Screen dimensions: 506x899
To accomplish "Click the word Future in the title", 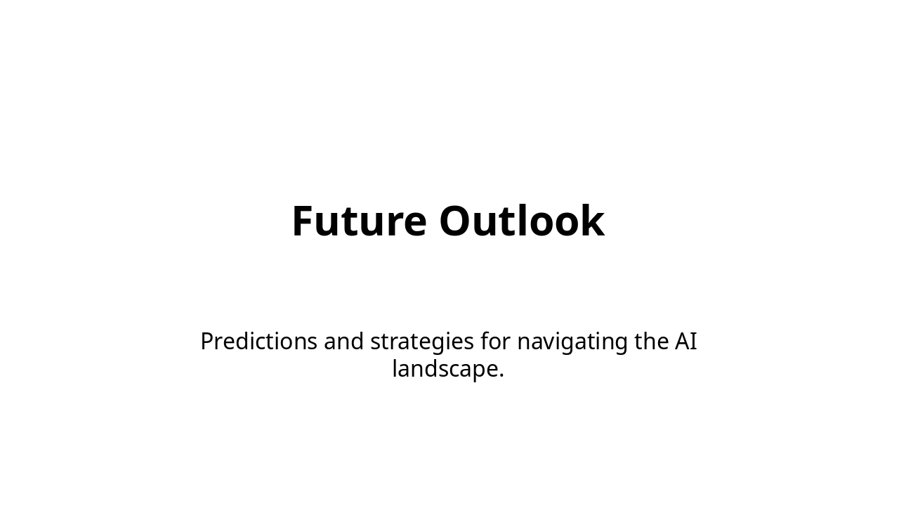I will point(359,221).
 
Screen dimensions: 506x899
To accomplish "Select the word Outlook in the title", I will point(521,221).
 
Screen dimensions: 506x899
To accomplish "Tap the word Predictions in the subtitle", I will point(258,342).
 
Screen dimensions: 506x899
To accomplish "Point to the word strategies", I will point(422,342).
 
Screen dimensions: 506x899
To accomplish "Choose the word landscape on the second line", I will point(444,369).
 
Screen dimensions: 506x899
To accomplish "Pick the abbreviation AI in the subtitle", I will point(685,342).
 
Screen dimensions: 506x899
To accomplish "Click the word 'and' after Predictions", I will point(343,342).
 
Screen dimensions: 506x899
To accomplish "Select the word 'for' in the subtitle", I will point(495,342).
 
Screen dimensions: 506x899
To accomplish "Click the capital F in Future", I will point(303,221).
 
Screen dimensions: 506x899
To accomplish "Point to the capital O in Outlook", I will point(457,221).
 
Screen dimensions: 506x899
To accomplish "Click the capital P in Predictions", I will point(208,342).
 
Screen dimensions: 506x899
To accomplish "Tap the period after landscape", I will point(501,375).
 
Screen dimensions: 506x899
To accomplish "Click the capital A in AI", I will point(682,342).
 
